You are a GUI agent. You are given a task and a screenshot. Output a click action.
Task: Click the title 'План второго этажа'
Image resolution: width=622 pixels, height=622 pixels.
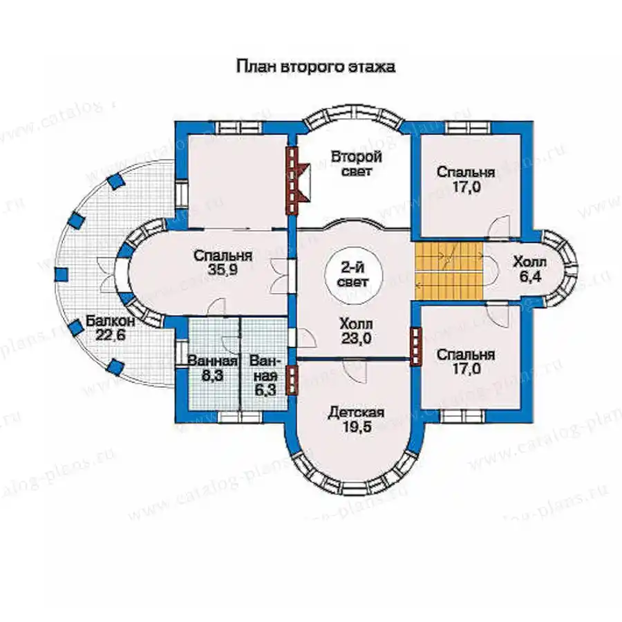click(x=316, y=66)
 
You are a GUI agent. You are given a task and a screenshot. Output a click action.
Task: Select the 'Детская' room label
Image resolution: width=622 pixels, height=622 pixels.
click(x=356, y=413)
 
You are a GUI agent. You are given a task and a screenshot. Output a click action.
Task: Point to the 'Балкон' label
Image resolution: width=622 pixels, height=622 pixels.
click(x=111, y=321)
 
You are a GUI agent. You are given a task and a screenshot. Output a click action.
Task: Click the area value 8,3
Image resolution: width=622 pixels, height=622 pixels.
click(x=213, y=375)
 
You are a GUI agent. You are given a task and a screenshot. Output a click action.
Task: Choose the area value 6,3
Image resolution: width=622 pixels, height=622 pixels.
click(x=265, y=390)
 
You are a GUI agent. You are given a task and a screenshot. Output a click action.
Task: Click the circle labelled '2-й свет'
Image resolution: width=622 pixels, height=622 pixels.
click(x=353, y=275)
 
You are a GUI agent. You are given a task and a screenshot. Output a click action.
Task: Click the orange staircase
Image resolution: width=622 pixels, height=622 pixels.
click(x=449, y=271)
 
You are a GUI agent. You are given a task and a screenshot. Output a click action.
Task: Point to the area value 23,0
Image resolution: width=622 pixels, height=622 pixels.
click(x=356, y=338)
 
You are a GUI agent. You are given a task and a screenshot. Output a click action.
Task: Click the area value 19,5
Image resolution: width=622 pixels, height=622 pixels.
click(x=356, y=428)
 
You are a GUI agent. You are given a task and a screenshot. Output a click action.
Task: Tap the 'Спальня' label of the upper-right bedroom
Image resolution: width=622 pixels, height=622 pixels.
click(x=466, y=172)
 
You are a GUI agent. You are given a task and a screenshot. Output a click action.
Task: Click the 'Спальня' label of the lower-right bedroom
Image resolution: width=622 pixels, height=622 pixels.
click(x=466, y=355)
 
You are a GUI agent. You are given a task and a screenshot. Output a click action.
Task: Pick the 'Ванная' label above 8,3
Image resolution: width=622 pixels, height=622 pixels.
click(x=213, y=361)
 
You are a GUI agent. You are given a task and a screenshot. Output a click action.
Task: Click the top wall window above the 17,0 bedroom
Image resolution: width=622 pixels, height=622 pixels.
click(x=469, y=127)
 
